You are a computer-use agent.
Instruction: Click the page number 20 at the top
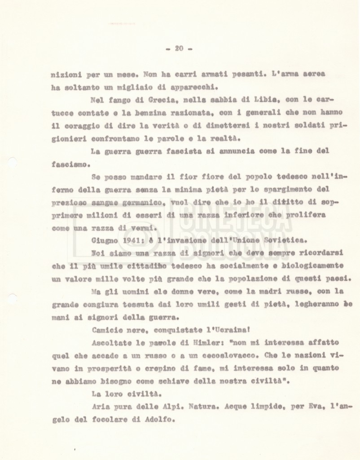coord(179,49)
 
